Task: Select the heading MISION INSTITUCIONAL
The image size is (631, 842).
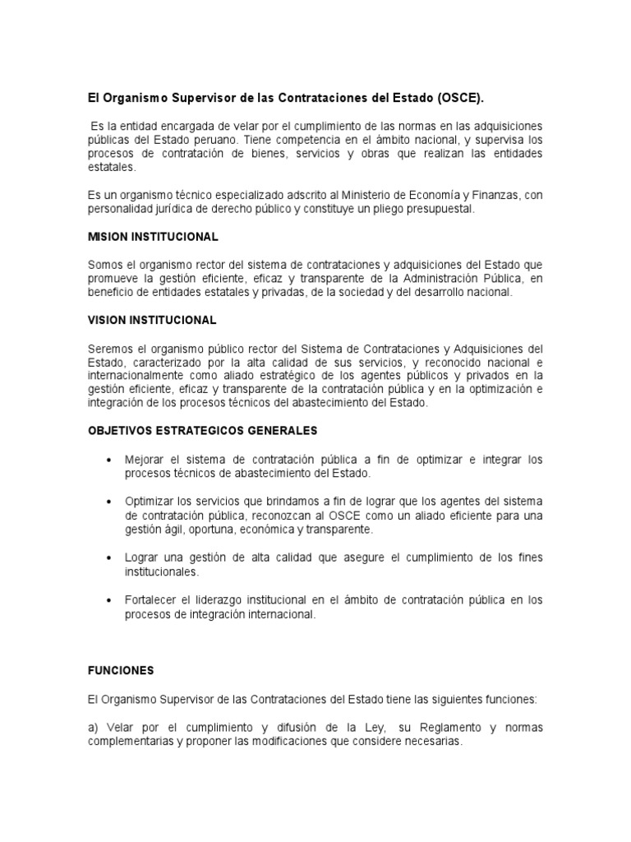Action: point(153,237)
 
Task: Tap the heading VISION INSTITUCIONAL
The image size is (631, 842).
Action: point(152,319)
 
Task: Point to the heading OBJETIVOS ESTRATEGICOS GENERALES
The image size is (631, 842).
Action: point(202,430)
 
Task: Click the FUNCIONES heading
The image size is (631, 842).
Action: point(121,670)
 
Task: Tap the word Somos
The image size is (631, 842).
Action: point(104,265)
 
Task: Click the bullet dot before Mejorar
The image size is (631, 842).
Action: point(109,460)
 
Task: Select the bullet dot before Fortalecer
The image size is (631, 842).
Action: point(109,600)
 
